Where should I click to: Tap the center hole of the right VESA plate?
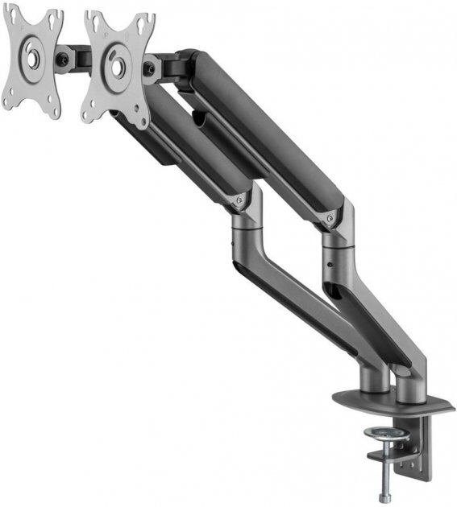coord(117,68)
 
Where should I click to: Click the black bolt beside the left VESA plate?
coord(62,59)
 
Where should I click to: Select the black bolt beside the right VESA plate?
coord(149,69)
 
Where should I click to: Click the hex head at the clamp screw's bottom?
coord(385,497)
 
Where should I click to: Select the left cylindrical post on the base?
coord(373,377)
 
